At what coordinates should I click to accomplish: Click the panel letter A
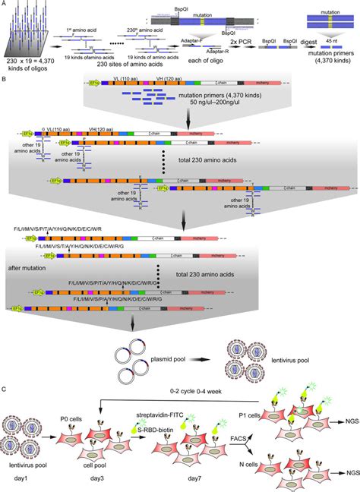[5, 4]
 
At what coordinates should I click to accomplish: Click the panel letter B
[5, 77]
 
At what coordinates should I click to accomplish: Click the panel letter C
[5, 389]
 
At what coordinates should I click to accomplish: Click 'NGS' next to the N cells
[346, 472]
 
